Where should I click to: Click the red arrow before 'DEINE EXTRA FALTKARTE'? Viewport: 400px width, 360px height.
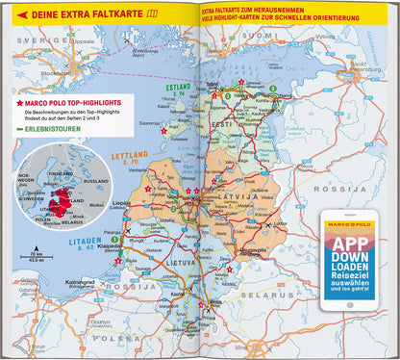tap(23, 14)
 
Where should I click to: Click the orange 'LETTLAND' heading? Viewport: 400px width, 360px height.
tap(127, 156)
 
